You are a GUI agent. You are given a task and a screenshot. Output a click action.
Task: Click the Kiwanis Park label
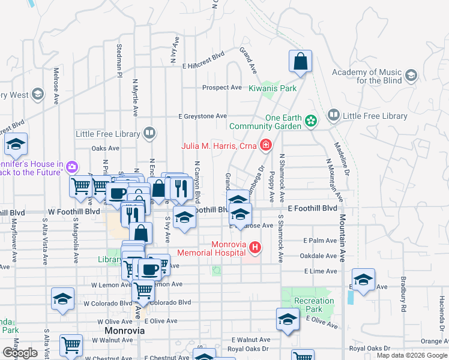pyautogui.click(x=273, y=88)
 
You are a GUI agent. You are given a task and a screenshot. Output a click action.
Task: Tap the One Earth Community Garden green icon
pyautogui.click(x=310, y=121)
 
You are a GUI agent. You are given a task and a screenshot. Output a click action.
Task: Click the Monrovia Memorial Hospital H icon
pyautogui.click(x=255, y=247)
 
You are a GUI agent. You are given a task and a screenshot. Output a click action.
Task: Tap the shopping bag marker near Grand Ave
pyautogui.click(x=300, y=61)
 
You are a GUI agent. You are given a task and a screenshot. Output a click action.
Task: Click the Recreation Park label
pyautogui.click(x=313, y=305)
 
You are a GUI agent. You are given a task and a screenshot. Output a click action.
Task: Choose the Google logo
pyautogui.click(x=20, y=353)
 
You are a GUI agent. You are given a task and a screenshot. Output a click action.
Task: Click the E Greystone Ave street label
pyautogui.click(x=202, y=116)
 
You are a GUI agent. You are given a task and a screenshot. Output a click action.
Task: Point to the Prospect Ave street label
pyautogui.click(x=221, y=88)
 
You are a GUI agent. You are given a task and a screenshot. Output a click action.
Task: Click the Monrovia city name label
pyautogui.click(x=124, y=331)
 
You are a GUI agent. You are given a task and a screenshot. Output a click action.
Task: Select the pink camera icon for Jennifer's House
pyautogui.click(x=73, y=166)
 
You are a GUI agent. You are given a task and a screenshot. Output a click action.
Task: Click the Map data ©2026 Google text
pyautogui.click(x=412, y=355)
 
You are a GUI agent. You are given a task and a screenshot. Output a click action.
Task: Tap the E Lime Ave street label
pyautogui.click(x=320, y=271)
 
